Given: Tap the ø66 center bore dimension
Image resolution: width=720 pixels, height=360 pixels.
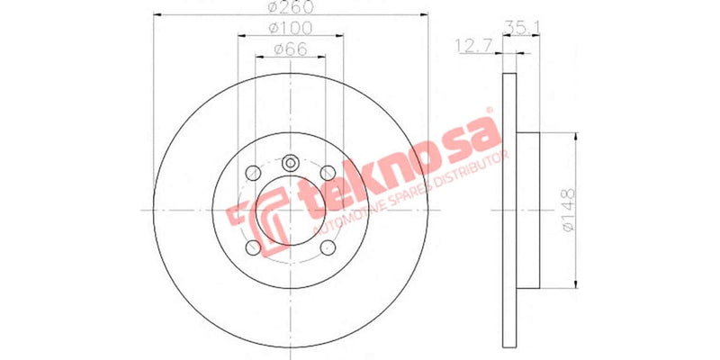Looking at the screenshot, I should tap(290, 50).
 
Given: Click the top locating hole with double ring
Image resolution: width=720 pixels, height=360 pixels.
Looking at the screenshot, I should tap(291, 165).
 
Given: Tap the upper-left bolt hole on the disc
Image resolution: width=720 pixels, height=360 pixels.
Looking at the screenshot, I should tap(252, 173).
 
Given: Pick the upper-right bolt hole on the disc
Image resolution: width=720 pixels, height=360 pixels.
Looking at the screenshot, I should tap(329, 173).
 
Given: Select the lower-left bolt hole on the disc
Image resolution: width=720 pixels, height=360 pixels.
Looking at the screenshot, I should tap(252, 247).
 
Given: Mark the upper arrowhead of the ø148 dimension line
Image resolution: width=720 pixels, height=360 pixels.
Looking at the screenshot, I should tap(570, 137).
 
